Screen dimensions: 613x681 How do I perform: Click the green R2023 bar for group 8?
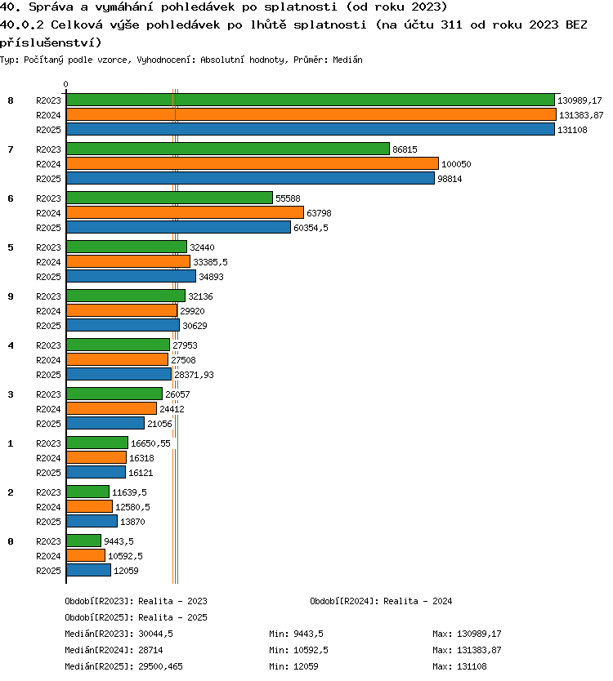point(311,100)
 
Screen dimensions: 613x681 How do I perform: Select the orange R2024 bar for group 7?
point(253,164)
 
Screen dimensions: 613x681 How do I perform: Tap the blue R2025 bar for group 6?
point(179,227)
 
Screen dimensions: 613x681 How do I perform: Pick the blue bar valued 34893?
point(132,276)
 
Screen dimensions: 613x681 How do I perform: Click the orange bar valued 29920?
point(122,310)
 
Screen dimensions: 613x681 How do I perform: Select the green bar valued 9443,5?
point(84,541)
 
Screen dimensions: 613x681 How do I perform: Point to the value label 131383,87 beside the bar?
point(581,115)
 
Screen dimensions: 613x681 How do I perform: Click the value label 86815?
point(405,149)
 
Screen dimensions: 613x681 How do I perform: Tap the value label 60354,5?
point(311,228)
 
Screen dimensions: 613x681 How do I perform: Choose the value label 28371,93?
point(194,375)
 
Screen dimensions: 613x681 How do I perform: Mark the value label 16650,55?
point(150,443)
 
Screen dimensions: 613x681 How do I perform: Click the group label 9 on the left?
point(11,296)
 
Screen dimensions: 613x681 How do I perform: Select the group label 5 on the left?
point(11,247)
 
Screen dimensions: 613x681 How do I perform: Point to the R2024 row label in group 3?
point(48,409)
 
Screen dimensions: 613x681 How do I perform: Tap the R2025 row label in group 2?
point(48,522)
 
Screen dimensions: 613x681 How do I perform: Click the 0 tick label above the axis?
point(65,84)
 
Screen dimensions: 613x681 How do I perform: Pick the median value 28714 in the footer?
point(150,650)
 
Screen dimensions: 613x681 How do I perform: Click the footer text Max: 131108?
point(459,666)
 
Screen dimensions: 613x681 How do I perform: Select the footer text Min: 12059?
point(293,666)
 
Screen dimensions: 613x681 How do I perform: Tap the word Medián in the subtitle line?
point(347,60)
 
